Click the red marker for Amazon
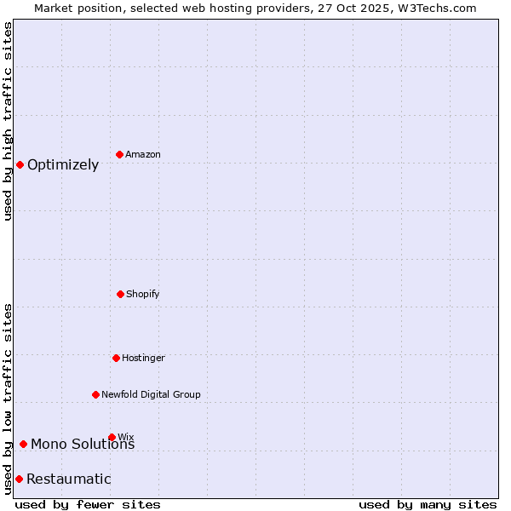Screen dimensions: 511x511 120,154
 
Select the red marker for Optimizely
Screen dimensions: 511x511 20,164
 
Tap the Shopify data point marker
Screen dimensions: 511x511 120,294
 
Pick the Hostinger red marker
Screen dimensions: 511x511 116,358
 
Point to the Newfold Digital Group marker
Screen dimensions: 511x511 96,394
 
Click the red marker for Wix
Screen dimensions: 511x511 112,437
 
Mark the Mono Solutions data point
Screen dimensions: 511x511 23,444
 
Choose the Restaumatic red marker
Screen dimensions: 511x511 19,479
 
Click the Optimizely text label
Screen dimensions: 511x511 63,165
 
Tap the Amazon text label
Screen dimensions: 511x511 143,155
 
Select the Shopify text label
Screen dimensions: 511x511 143,295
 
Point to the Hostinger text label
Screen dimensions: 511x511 143,359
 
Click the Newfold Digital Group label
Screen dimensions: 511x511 152,395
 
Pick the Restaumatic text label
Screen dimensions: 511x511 69,479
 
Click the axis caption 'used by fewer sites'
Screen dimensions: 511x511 88,505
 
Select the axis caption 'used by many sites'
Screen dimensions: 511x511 428,505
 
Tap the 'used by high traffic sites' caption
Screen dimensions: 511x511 9,121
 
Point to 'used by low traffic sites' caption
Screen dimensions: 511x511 9,398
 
